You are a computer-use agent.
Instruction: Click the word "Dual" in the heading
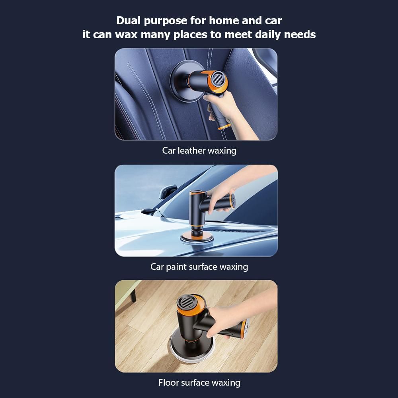click(129, 21)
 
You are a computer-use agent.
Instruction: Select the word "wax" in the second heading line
click(126, 35)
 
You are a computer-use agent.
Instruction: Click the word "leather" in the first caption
click(192, 150)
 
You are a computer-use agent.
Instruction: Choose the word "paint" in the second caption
click(176, 267)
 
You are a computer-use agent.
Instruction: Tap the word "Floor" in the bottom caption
click(168, 382)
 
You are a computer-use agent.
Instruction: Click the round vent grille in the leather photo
click(217, 78)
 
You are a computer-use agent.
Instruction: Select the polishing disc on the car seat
click(182, 81)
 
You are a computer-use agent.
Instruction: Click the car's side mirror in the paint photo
click(168, 192)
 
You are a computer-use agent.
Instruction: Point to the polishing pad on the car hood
click(197, 238)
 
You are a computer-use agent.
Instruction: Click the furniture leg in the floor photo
click(133, 295)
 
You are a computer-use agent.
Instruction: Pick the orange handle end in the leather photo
click(224, 127)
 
